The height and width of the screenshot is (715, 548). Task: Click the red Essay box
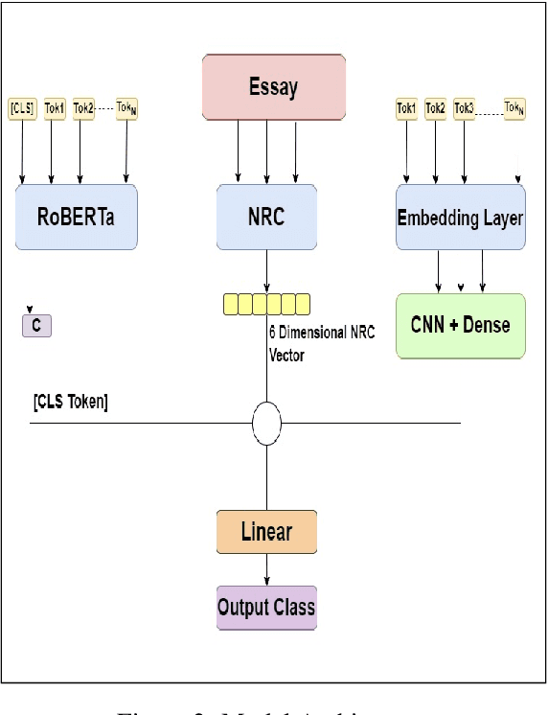coord(273,87)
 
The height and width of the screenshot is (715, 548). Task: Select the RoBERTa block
coord(77,217)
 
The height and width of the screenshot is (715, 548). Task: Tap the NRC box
coord(266,217)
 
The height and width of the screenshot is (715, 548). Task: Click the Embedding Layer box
coord(460,218)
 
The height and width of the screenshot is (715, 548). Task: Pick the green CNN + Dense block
coord(460,325)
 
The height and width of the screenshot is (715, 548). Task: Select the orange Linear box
coord(266,531)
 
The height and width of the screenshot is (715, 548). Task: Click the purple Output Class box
coord(266,607)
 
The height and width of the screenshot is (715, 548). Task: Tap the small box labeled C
coord(36,326)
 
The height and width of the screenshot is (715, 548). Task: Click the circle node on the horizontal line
coord(266,424)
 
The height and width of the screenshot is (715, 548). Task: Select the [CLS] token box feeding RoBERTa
coord(22,108)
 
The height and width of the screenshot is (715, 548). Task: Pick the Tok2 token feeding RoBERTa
coord(82,108)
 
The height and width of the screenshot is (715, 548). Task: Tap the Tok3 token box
coord(465,108)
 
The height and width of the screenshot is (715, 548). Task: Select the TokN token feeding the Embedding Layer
coord(516,108)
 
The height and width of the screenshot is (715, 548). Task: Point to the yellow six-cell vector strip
coord(266,305)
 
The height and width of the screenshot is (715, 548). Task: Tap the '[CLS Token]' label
coord(70,402)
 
